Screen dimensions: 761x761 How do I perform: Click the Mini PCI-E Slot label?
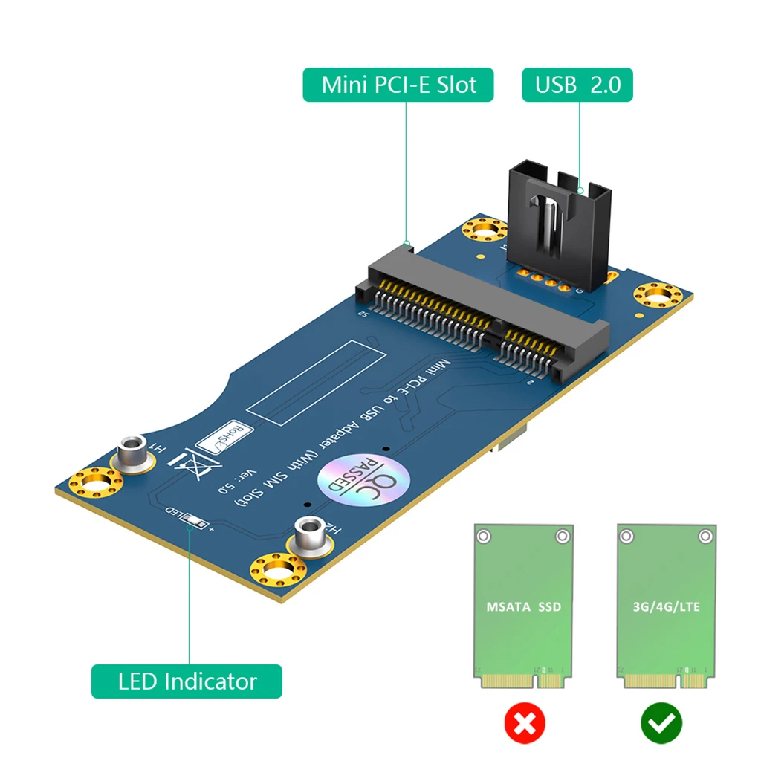click(398, 85)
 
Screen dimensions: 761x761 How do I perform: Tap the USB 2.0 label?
click(577, 85)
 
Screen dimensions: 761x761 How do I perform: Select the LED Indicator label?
click(187, 681)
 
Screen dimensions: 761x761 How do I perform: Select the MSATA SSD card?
click(524, 606)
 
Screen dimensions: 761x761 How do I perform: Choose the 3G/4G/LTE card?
click(667, 606)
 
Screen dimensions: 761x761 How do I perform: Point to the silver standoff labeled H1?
click(132, 453)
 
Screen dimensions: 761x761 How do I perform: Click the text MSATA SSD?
click(524, 606)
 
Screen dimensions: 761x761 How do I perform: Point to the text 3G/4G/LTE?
click(667, 606)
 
